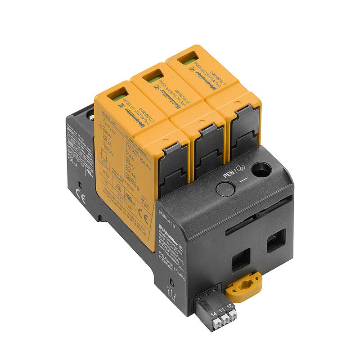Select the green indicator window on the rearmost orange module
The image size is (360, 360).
[188, 61]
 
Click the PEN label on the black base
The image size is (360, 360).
[229, 174]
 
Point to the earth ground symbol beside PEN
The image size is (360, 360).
[241, 171]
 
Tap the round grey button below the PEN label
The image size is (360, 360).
[224, 189]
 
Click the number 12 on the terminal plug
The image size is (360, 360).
[229, 306]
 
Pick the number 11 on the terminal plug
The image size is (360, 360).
[221, 309]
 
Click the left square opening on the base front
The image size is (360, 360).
[241, 260]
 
